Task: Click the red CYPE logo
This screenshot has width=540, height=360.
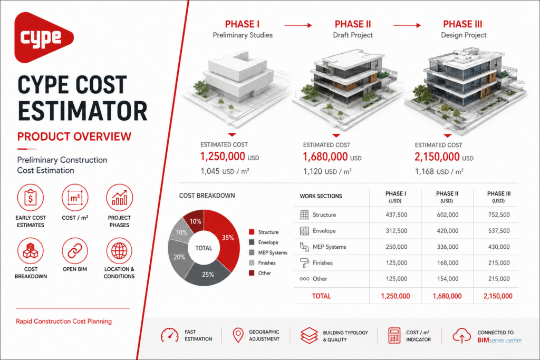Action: pyautogui.click(x=43, y=37)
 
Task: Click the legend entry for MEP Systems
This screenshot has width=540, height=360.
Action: pyautogui.click(x=268, y=252)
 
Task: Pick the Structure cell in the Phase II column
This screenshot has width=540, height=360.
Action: pyautogui.click(x=447, y=215)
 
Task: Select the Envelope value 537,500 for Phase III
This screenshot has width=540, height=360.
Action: pyautogui.click(x=499, y=231)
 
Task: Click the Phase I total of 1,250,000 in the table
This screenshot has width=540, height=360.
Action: pyautogui.click(x=396, y=296)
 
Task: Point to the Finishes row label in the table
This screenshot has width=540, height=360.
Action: pyautogui.click(x=322, y=263)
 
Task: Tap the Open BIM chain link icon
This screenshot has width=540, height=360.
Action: pyautogui.click(x=75, y=250)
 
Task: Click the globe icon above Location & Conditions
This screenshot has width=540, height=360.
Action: pyautogui.click(x=119, y=250)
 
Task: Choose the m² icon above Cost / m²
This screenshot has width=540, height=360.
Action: pyautogui.click(x=75, y=198)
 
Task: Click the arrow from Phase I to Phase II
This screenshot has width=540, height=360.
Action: pyautogui.click(x=298, y=25)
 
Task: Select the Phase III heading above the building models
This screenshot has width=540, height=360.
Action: pyautogui.click(x=462, y=24)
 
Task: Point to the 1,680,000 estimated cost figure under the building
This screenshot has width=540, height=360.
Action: pyautogui.click(x=325, y=157)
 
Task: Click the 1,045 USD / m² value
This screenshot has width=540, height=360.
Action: pyautogui.click(x=225, y=171)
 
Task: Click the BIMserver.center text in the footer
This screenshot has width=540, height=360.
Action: pyautogui.click(x=500, y=340)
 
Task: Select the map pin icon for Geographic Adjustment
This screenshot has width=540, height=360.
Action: pyautogui.click(x=238, y=335)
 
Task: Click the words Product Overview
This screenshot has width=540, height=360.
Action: pyautogui.click(x=74, y=137)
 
